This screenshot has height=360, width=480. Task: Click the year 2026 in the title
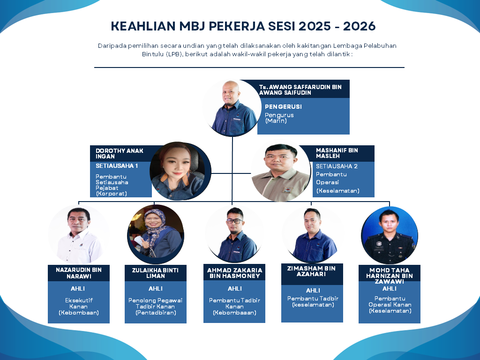coord(359,26)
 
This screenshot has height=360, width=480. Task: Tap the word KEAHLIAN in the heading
coord(143,26)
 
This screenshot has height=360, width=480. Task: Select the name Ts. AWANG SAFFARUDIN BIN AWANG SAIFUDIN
coord(300,90)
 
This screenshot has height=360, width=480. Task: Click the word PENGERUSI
coord(283,106)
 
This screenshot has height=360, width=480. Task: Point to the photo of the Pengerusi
coord(232,108)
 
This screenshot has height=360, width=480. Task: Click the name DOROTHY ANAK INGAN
coord(120,153)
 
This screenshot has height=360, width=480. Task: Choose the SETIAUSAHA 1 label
coord(117,165)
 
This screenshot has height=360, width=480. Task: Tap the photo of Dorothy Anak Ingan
coord(180,171)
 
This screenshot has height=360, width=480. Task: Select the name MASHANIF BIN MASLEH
coord(337,153)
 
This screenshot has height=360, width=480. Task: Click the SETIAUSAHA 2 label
coord(337,166)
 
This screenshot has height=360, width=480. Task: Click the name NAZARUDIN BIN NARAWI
coord(79,273)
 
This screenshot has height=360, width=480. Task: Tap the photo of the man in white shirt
coord(79,234)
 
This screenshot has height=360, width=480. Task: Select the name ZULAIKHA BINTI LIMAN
coord(155,273)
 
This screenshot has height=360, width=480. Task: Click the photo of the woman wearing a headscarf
coord(156,234)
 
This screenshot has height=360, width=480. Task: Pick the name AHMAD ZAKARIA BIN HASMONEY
coord(234,273)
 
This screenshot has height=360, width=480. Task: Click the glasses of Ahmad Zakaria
coord(234,221)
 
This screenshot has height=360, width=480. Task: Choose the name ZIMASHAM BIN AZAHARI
coord(311,271)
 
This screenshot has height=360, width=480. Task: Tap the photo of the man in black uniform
coord(390,235)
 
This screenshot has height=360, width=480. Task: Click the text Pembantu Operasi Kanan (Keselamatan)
coord(390,305)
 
